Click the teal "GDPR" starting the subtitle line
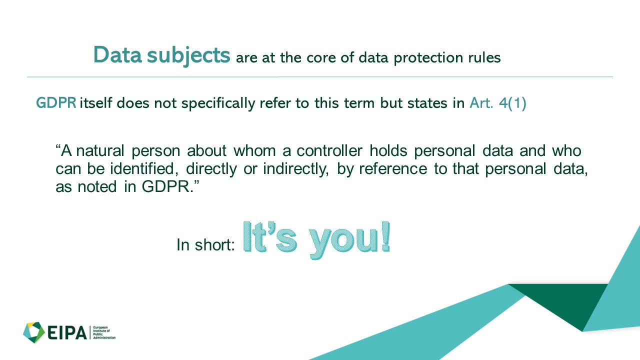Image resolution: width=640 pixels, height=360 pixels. (x=56, y=103)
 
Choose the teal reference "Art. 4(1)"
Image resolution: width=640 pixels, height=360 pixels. (x=498, y=103)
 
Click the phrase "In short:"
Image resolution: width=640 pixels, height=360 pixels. (x=205, y=245)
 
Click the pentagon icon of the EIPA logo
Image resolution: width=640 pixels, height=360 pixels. (x=33, y=332)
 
